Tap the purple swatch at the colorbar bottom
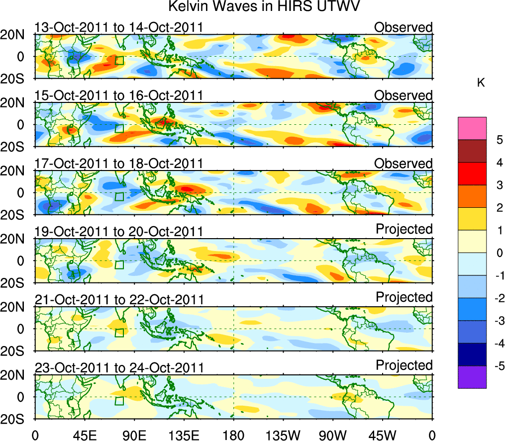pyautogui.click(x=472, y=377)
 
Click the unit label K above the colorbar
pyautogui.click(x=481, y=83)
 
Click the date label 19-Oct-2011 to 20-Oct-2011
pyautogui.click(x=119, y=232)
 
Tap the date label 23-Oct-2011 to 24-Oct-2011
pyautogui.click(x=119, y=368)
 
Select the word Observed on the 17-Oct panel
pyautogui.click(x=404, y=164)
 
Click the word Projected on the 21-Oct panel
pyautogui.click(x=404, y=297)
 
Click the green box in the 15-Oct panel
pyautogui.click(x=119, y=128)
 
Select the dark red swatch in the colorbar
pyautogui.click(x=472, y=163)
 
